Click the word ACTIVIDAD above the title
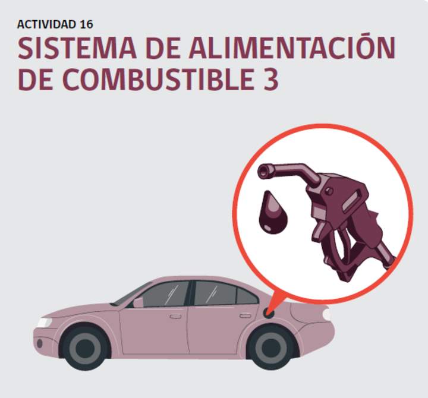46,24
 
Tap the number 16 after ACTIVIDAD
87,24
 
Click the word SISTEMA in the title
77,48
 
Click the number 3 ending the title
271,79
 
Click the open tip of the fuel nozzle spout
263,172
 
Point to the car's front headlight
44,323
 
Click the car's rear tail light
326,314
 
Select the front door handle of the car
175,317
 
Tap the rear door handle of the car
246,315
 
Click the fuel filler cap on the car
269,313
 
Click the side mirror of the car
138,302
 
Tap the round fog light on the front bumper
40,343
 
